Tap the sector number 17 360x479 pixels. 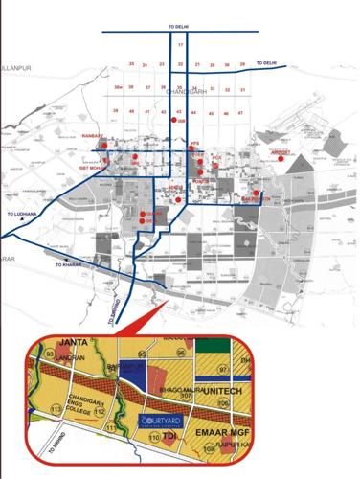180,45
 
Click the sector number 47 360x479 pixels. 240,113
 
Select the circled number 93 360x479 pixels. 49,355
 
